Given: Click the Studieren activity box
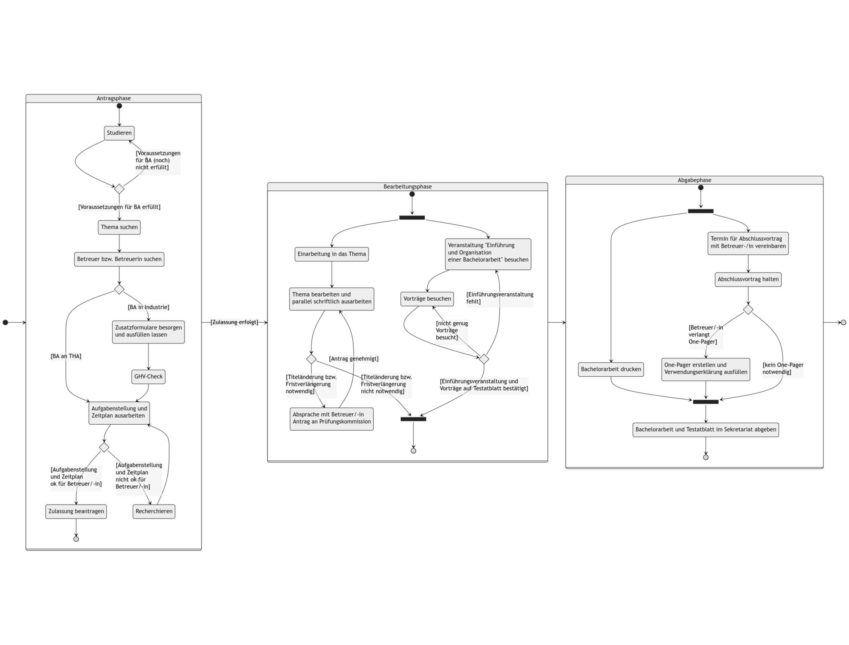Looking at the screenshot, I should [119, 133].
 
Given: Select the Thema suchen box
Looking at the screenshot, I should [119, 227].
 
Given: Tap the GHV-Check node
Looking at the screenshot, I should [148, 377].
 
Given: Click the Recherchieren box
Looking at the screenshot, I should [154, 511].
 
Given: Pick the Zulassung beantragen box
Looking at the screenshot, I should [76, 511].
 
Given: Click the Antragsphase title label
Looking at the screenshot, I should [113, 98].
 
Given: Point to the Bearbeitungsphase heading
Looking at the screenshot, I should [407, 187].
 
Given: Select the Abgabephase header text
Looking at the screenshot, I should [694, 180].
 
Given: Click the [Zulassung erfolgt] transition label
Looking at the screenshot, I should [234, 322].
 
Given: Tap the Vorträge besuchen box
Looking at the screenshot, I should [427, 299].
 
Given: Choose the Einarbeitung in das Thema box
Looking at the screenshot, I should [332, 254].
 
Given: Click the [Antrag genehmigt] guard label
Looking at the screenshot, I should [353, 359].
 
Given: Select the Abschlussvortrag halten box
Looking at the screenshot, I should [748, 279].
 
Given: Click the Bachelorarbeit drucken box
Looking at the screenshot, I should [611, 369].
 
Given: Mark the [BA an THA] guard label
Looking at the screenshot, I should [66, 356].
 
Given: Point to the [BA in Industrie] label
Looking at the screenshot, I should [148, 307].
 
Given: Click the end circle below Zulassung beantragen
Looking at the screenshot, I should [76, 539].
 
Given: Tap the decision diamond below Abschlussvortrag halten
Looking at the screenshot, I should [748, 309].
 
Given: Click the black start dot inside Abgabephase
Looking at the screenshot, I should [701, 188].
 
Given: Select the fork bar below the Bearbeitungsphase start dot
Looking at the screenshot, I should [412, 218].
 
